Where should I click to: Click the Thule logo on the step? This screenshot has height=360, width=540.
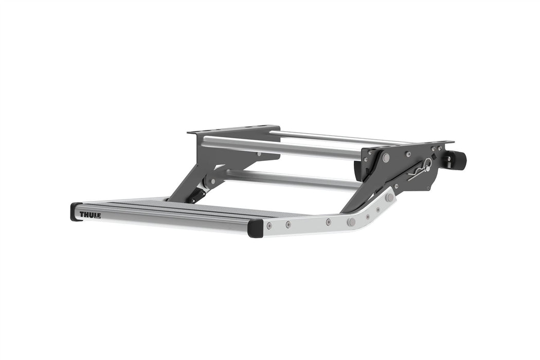pos(90,214)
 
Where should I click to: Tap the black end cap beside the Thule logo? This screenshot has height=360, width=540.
pos(75,212)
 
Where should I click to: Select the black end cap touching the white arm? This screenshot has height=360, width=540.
pos(255,228)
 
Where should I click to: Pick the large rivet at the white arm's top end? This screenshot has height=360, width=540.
pos(389,197)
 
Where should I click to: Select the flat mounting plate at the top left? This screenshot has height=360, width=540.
pos(234,130)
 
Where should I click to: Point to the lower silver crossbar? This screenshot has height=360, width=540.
pos(288,179)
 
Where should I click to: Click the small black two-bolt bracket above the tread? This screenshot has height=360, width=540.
pos(197,195)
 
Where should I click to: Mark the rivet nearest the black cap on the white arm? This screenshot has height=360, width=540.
pos(268,226)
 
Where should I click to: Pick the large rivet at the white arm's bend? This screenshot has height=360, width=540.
pos(351,222)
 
